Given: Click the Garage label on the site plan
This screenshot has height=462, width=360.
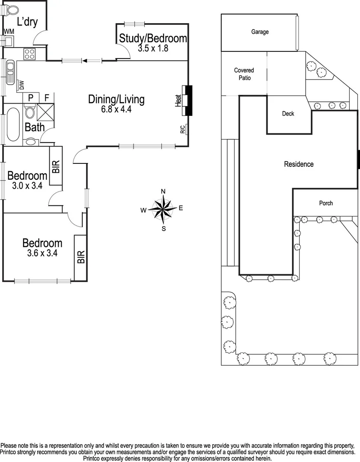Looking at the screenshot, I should click(x=260, y=32).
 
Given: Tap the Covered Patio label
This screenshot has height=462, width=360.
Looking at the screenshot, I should click(x=244, y=74).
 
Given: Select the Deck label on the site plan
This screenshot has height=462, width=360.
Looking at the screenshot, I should click(x=288, y=114).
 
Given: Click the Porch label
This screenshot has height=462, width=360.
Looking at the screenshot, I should click(x=326, y=203).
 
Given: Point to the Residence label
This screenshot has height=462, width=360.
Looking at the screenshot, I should click(x=299, y=164).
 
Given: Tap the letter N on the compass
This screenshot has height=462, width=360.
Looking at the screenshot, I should click(x=163, y=191).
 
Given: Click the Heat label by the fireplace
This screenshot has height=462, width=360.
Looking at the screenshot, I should click(x=178, y=101).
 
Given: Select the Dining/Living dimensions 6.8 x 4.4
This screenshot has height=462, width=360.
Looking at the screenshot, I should click(x=116, y=109).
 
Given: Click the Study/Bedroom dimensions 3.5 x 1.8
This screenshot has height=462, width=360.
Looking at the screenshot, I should click(x=153, y=48).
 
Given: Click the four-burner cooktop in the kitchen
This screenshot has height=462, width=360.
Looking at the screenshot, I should click(x=29, y=54).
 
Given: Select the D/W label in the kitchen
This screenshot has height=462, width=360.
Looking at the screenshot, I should click(x=21, y=85).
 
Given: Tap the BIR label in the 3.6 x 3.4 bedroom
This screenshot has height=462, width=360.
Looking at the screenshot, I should click(x=81, y=257).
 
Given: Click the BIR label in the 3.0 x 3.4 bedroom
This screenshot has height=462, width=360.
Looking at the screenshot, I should click(x=56, y=166).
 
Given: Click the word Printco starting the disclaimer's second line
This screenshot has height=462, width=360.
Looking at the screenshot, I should click(x=12, y=452).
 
